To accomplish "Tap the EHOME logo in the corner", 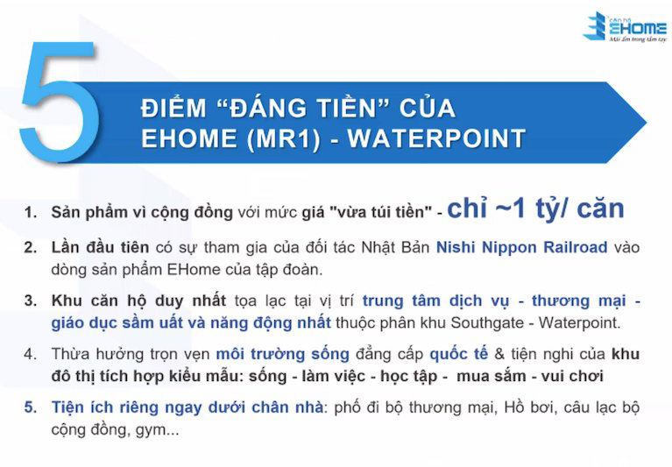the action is click(625, 26).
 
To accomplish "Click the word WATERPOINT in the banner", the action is click(436, 138).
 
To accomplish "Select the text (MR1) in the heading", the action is click(283, 138).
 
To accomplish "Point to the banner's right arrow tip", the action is click(646, 123).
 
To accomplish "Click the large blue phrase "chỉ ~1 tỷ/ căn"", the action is click(535, 209).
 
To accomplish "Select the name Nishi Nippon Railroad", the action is click(521, 247).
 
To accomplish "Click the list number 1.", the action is click(31, 212).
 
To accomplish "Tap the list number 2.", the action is click(31, 247).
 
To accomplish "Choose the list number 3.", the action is click(31, 301).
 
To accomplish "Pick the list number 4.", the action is click(31, 354).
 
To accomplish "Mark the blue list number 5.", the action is click(31, 407).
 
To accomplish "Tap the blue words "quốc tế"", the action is click(458, 354).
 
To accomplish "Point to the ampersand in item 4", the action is click(499, 354).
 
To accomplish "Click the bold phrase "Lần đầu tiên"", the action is click(100, 247).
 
